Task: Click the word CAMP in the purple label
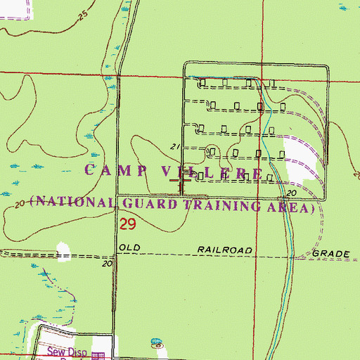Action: (x=114, y=170)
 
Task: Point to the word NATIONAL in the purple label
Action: (x=74, y=203)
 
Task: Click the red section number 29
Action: (x=127, y=225)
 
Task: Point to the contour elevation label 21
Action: (x=176, y=147)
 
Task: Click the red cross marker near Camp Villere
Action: (x=181, y=181)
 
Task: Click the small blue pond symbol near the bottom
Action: (x=156, y=345)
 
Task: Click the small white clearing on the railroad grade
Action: (x=64, y=250)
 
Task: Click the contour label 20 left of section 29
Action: (x=20, y=202)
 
